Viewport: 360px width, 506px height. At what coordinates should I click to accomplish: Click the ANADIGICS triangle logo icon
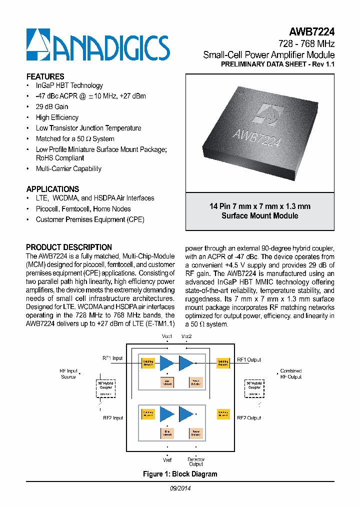click(x=38, y=45)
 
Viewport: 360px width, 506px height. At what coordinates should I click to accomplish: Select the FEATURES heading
click(x=45, y=76)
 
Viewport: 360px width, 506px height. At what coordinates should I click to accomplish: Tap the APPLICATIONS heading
click(x=52, y=189)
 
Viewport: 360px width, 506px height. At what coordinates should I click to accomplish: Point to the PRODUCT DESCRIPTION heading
click(x=69, y=247)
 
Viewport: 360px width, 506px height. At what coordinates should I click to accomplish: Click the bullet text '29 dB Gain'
click(x=52, y=106)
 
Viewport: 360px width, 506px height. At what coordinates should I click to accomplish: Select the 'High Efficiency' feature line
click(x=57, y=117)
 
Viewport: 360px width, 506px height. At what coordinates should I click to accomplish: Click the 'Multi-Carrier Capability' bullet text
click(x=68, y=168)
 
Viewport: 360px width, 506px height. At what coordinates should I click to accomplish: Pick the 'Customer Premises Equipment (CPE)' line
click(x=90, y=219)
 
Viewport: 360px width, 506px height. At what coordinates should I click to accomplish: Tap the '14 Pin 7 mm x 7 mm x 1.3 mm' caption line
click(x=259, y=206)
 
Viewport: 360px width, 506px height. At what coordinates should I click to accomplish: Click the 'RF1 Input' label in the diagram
click(x=112, y=358)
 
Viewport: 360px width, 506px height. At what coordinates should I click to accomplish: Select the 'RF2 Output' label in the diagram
click(x=248, y=417)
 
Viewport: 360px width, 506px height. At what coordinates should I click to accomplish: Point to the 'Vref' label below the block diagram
click(x=167, y=459)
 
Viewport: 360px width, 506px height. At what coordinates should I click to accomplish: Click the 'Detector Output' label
click(x=195, y=461)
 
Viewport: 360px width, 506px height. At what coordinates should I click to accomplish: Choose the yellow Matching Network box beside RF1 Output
click(x=223, y=363)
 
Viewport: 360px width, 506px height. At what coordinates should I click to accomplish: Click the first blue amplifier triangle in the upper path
click(x=166, y=363)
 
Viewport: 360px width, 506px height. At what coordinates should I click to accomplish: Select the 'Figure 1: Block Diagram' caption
click(x=180, y=474)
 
